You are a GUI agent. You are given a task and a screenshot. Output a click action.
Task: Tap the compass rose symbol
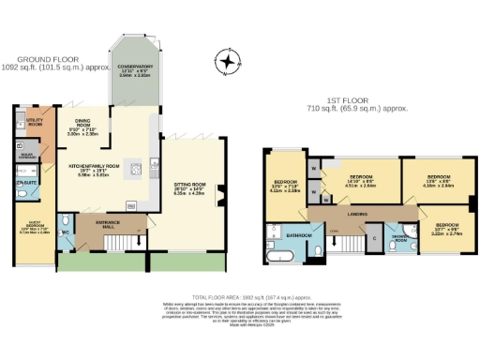click(x=226, y=64)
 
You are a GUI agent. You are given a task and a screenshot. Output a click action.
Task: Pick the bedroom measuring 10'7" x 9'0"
click(x=446, y=226)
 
